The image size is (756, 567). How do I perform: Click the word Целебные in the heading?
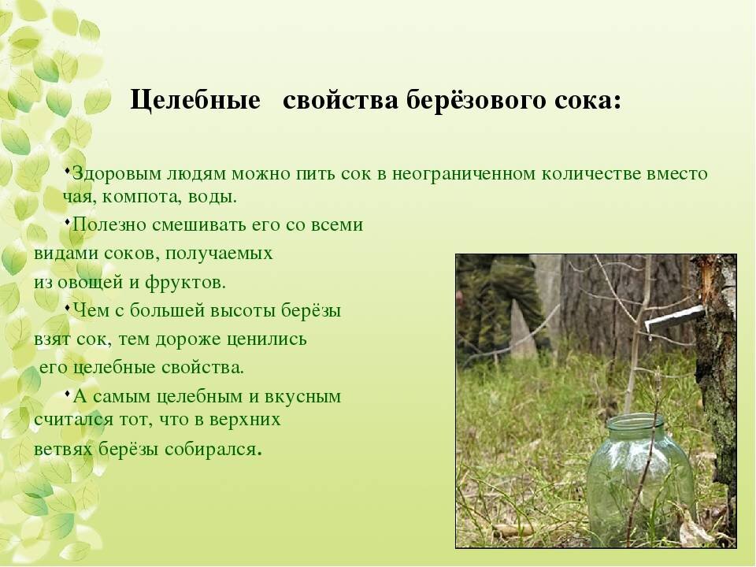[x=195, y=101]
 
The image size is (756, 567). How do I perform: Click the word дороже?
[x=208, y=339]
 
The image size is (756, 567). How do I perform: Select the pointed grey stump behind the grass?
[x=522, y=331]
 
